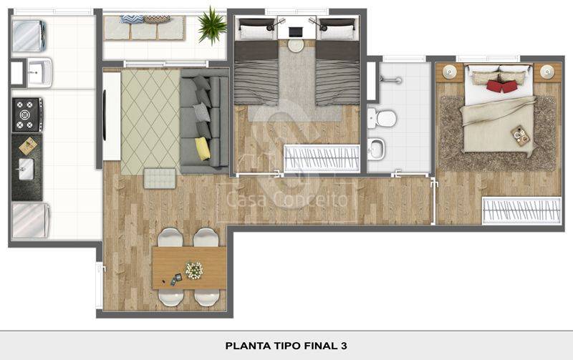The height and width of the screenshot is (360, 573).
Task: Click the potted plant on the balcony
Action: click(211, 25)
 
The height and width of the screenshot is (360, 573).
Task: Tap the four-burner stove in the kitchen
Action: click(27, 115)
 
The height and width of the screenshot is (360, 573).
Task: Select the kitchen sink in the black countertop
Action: click(26, 169)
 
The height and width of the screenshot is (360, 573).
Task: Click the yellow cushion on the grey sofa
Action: click(203, 148)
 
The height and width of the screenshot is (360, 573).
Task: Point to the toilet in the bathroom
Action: click(382, 118)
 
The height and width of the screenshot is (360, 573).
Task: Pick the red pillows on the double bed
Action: click(501, 86)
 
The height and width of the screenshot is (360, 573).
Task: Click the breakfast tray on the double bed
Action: click(520, 135)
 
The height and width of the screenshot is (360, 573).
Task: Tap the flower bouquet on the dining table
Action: click(193, 271)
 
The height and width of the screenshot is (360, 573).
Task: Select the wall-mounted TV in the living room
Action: click(105, 115)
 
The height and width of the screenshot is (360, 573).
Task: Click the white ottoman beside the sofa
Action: click(160, 178)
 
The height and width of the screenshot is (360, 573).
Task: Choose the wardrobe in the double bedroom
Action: click(521, 210)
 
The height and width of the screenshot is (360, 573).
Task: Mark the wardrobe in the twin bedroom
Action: click(322, 158)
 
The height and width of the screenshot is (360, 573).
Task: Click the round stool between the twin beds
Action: click(296, 46)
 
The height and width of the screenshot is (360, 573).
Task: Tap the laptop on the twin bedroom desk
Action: click(295, 32)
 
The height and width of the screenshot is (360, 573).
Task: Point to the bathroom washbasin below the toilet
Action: click(377, 149)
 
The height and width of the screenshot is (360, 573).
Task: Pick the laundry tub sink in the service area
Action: click(39, 72)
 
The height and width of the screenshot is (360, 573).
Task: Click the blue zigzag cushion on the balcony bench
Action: click(132, 19)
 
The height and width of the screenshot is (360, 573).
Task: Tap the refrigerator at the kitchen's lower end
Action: click(31, 220)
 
